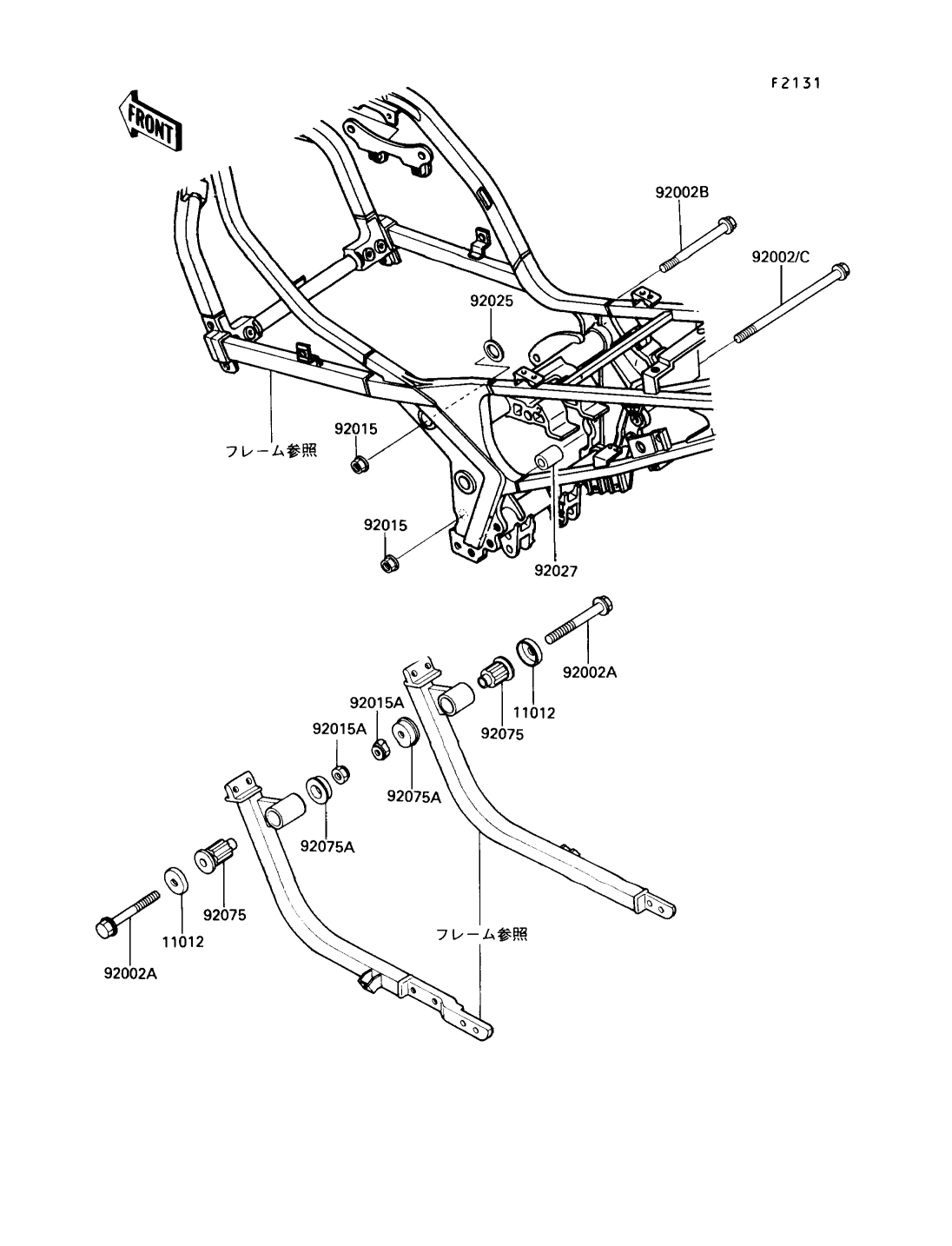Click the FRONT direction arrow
[x=150, y=120]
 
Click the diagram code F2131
[x=796, y=83]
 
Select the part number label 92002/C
[x=780, y=257]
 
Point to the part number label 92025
[x=492, y=302]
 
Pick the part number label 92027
[x=556, y=571]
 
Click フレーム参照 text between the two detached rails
[x=481, y=934]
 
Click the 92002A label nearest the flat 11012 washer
[x=129, y=973]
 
